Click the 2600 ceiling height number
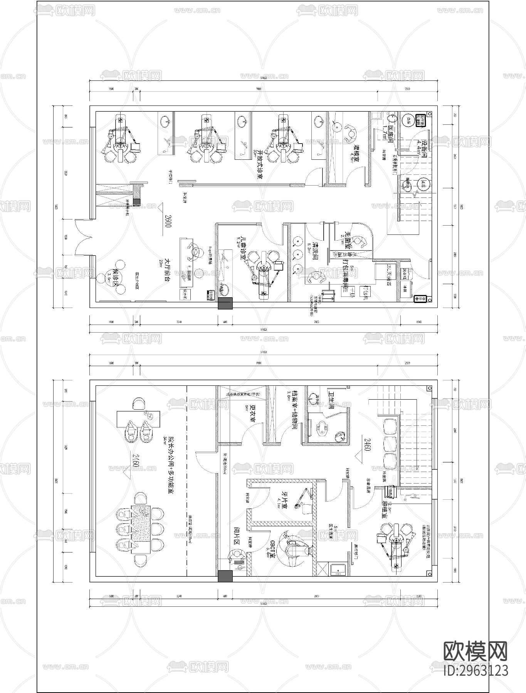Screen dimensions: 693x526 (168, 221)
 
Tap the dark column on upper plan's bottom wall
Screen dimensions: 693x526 (225, 304)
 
